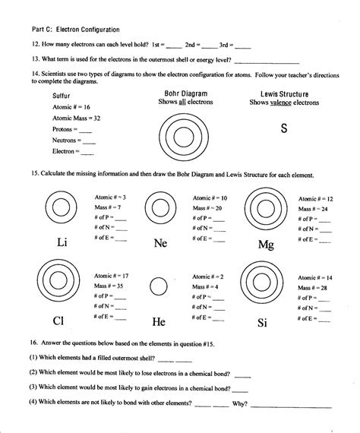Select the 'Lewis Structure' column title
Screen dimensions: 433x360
[285, 93]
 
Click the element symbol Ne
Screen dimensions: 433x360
[160, 243]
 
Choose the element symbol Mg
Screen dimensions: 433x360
[265, 245]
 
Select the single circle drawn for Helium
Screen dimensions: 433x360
[158, 286]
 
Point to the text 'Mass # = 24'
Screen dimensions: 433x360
[314, 208]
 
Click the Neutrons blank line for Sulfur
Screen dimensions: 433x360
[88, 141]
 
